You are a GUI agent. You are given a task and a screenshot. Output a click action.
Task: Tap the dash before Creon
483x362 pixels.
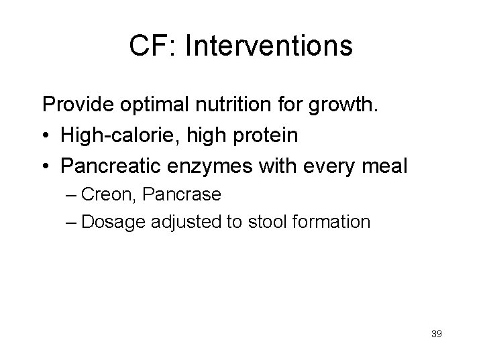(72, 194)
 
